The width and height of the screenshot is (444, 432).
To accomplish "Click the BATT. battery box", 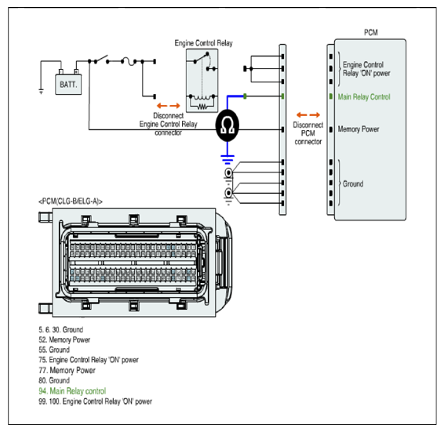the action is click(68, 84).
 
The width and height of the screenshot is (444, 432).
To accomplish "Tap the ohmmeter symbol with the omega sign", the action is click(227, 125).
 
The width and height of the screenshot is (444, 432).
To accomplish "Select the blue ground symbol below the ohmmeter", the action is click(227, 160).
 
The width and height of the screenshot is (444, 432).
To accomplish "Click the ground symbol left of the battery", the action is click(41, 91).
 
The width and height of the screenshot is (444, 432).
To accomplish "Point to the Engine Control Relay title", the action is click(203, 43).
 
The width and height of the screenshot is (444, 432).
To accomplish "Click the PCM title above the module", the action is click(371, 33).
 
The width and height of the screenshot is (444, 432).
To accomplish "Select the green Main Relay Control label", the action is click(364, 97).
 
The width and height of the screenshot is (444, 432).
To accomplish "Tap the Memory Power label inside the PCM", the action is click(358, 129).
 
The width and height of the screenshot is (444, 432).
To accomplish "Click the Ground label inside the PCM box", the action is click(353, 184).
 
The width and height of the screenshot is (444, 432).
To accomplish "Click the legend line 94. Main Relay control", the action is click(72, 391).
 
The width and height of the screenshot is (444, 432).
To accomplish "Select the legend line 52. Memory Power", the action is click(64, 339).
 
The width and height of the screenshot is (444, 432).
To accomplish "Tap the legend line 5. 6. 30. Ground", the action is click(61, 329).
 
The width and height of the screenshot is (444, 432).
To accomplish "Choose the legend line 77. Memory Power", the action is click(67, 370).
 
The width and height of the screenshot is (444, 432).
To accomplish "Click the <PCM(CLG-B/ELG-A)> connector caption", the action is click(71, 201).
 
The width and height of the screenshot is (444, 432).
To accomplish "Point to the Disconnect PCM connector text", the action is click(308, 133).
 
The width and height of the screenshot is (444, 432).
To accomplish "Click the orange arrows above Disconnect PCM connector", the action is click(308, 114).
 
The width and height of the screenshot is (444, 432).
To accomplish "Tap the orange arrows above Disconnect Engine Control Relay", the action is click(169, 106).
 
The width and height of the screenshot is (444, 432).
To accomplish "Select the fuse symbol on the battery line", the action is click(129, 61).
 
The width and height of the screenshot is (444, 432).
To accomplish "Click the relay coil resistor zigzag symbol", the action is click(202, 107).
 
